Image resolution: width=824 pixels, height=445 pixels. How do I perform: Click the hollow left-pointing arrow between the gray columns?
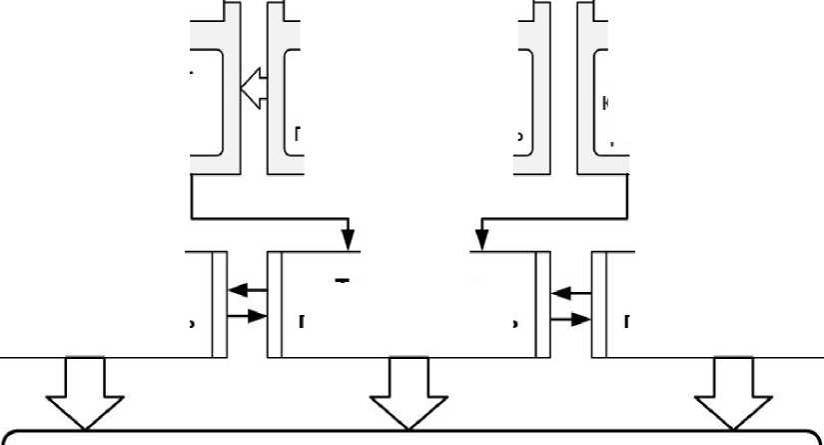tap(254, 89)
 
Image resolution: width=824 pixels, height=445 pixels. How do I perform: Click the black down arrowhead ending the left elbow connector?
tap(348, 240)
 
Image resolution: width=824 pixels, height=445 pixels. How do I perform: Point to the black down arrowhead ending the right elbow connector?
tap(481, 240)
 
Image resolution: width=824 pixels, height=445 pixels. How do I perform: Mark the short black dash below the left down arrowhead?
tap(343, 280)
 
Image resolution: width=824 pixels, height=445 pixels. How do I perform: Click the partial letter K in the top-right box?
tap(606, 102)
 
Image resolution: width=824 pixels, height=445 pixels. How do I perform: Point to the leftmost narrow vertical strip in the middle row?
tap(220, 303)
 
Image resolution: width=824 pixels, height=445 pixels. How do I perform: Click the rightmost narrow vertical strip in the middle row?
tap(599, 303)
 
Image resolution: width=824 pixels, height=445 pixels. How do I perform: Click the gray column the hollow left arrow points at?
tap(231, 90)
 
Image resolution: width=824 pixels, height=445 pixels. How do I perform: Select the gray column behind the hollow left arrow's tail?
tap(274, 90)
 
